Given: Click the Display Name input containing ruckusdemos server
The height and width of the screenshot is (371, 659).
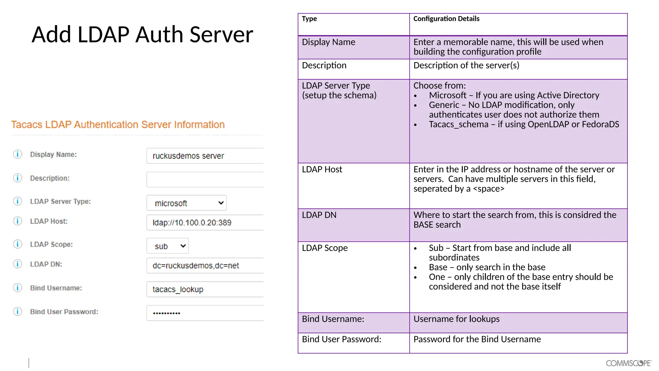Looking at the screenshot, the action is point(205,156).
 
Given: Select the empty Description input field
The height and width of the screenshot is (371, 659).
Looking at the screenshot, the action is point(205,179).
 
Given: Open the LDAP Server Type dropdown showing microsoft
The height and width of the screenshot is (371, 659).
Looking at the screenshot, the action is point(187,203).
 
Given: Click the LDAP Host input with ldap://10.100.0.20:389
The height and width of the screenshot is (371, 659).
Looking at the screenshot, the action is point(205,223).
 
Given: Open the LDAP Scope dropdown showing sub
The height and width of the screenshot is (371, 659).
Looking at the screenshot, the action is point(168,246).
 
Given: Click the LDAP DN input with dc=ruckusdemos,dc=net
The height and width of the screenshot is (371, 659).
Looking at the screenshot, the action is point(205,266).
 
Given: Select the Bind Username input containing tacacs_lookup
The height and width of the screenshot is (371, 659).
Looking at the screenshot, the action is point(205,289).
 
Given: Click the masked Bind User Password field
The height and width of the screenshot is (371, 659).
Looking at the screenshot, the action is point(205,313).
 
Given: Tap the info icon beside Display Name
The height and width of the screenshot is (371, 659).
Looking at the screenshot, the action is point(18,154).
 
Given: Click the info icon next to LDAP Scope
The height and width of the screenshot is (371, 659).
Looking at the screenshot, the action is point(18,244).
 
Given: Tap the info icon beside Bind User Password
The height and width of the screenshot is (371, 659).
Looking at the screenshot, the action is point(18,311).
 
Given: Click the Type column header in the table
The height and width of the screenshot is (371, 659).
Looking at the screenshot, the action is point(310,19).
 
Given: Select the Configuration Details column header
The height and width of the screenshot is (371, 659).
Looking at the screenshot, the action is point(446,19).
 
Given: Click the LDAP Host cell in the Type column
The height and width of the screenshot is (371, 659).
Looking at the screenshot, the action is point(322,169).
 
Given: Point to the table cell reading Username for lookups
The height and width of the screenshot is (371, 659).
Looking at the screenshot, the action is point(456,319).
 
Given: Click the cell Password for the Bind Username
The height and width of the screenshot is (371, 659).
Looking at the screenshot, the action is point(477,339).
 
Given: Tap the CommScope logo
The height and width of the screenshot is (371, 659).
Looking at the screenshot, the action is point(628,363).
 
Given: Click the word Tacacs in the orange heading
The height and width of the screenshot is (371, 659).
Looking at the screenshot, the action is point(27,125).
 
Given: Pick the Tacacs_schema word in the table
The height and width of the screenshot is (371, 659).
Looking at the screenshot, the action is point(459,124).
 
